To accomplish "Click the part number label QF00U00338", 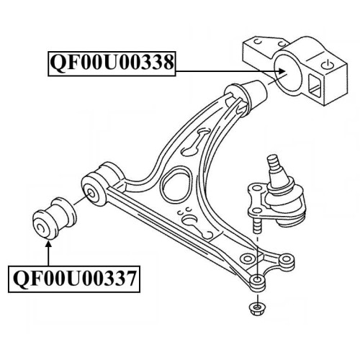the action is tap(112, 63).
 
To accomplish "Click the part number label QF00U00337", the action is tap(74, 279).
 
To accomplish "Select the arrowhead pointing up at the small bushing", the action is tap(48, 244).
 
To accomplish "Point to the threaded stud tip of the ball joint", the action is tap(274, 162).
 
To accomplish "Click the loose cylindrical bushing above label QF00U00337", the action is tap(53, 217).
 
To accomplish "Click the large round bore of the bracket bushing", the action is tap(287, 73).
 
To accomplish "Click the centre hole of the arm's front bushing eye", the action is tap(91, 193).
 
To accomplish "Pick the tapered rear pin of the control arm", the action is tap(256, 94).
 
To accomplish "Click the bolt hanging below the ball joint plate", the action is tap(257, 224).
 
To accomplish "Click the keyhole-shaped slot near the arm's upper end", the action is tap(197, 141).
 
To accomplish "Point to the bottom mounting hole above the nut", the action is tap(257, 280).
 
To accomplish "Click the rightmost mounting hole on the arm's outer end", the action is tap(286, 259).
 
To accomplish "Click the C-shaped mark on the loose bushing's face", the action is tap(40, 229).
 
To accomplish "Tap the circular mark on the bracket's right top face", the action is tap(328, 65).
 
